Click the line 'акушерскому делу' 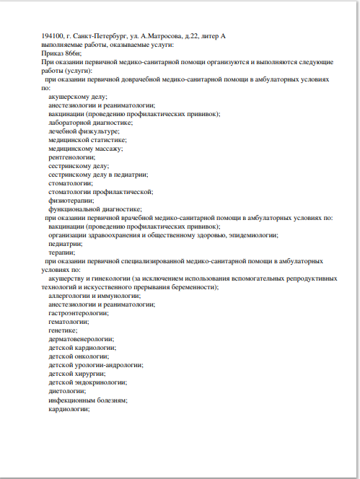(x=78, y=96)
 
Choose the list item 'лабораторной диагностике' (x=90, y=123)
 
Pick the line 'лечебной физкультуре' (x=84, y=131)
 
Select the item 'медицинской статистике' (x=87, y=140)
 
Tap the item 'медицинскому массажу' (x=86, y=149)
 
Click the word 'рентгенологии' (x=72, y=157)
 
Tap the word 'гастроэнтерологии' (x=79, y=313)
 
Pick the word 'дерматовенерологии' (x=82, y=339)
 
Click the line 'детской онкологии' (x=79, y=356)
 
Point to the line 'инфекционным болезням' (x=88, y=400)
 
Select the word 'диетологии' (x=69, y=391)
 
